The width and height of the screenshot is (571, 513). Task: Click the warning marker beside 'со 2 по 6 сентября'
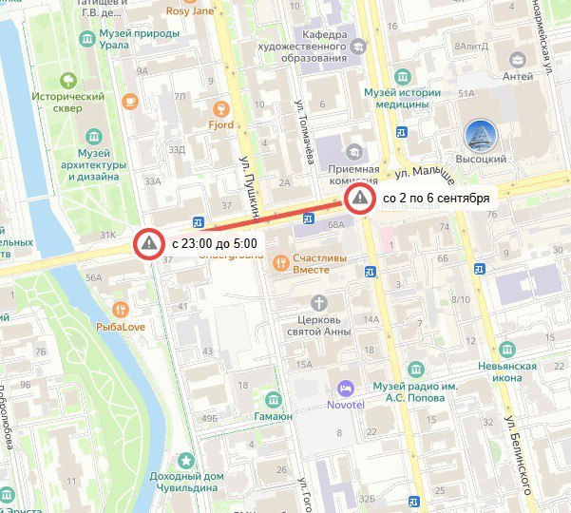359,199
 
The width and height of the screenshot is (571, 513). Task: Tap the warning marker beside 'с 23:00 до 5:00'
148,243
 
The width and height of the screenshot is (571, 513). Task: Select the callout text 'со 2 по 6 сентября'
435,199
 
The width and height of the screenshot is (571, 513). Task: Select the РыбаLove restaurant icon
120,309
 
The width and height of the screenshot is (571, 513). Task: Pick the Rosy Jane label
218,11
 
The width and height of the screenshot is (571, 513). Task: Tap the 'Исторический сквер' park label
68,103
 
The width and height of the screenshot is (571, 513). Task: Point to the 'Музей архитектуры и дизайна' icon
94,137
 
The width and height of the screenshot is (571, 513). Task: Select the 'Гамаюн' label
274,416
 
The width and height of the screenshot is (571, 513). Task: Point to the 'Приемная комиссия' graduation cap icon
354,152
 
